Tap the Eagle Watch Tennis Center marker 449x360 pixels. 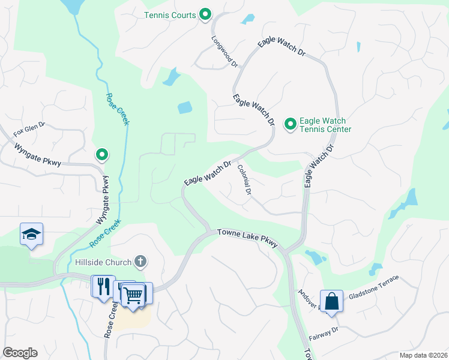[x=290, y=124]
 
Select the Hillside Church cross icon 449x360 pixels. [x=140, y=261]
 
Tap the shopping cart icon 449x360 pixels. [x=133, y=293]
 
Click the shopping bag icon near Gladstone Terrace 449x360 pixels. [x=331, y=301]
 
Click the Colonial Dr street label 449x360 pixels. [x=244, y=180]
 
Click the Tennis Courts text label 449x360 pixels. [x=170, y=15]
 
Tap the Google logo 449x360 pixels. [x=20, y=353]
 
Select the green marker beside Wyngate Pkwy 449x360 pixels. [x=102, y=155]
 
